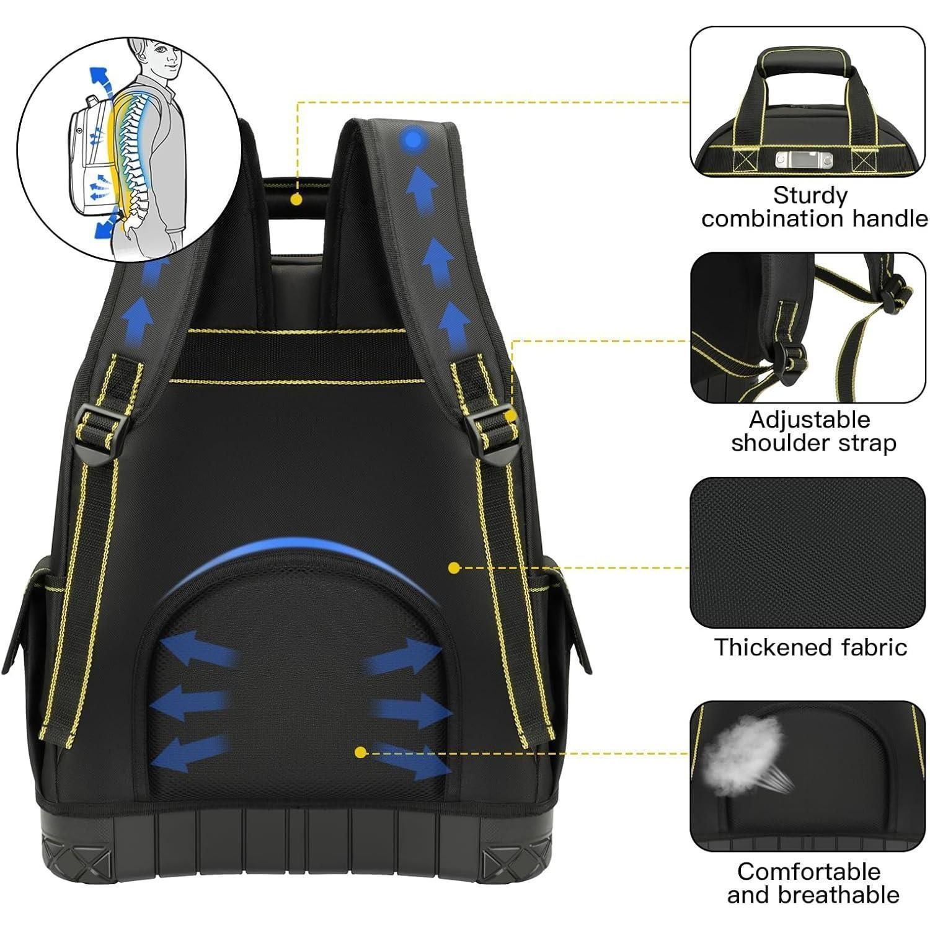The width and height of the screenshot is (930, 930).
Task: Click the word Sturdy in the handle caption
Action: pyautogui.click(x=810, y=197)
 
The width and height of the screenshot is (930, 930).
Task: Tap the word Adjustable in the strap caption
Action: pyautogui.click(x=809, y=421)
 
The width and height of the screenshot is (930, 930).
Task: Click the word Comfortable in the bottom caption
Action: pyautogui.click(x=808, y=872)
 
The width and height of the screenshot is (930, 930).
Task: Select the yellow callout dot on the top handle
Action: pyautogui.click(x=296, y=200)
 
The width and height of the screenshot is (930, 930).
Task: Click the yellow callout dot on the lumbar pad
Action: pyautogui.click(x=360, y=752)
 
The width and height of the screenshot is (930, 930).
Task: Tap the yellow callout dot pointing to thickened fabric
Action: pyautogui.click(x=454, y=567)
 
